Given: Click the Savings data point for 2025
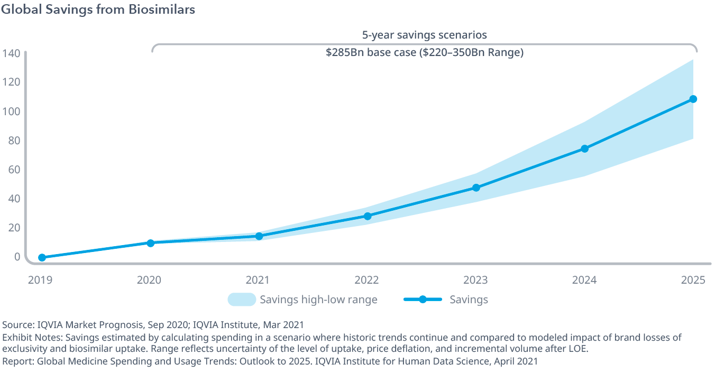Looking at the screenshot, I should click(693, 99).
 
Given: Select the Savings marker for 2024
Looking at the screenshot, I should click(584, 148).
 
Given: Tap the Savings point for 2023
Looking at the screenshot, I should click(476, 188).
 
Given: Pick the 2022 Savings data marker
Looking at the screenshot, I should click(368, 216).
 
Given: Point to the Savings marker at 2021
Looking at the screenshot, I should click(259, 236).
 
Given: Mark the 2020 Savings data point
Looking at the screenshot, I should click(150, 243).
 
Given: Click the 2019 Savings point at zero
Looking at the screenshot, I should click(42, 258).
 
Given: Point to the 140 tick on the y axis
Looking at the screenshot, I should click(11, 53).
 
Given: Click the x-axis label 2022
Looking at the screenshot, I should click(367, 279).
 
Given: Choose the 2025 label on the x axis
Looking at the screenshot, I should click(693, 279).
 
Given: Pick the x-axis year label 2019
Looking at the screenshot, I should click(40, 279).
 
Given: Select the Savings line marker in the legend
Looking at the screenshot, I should click(423, 300).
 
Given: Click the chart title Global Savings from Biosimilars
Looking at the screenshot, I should click(98, 10).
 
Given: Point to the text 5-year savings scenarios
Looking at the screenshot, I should click(424, 35).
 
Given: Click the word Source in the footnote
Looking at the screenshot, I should click(15, 324).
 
